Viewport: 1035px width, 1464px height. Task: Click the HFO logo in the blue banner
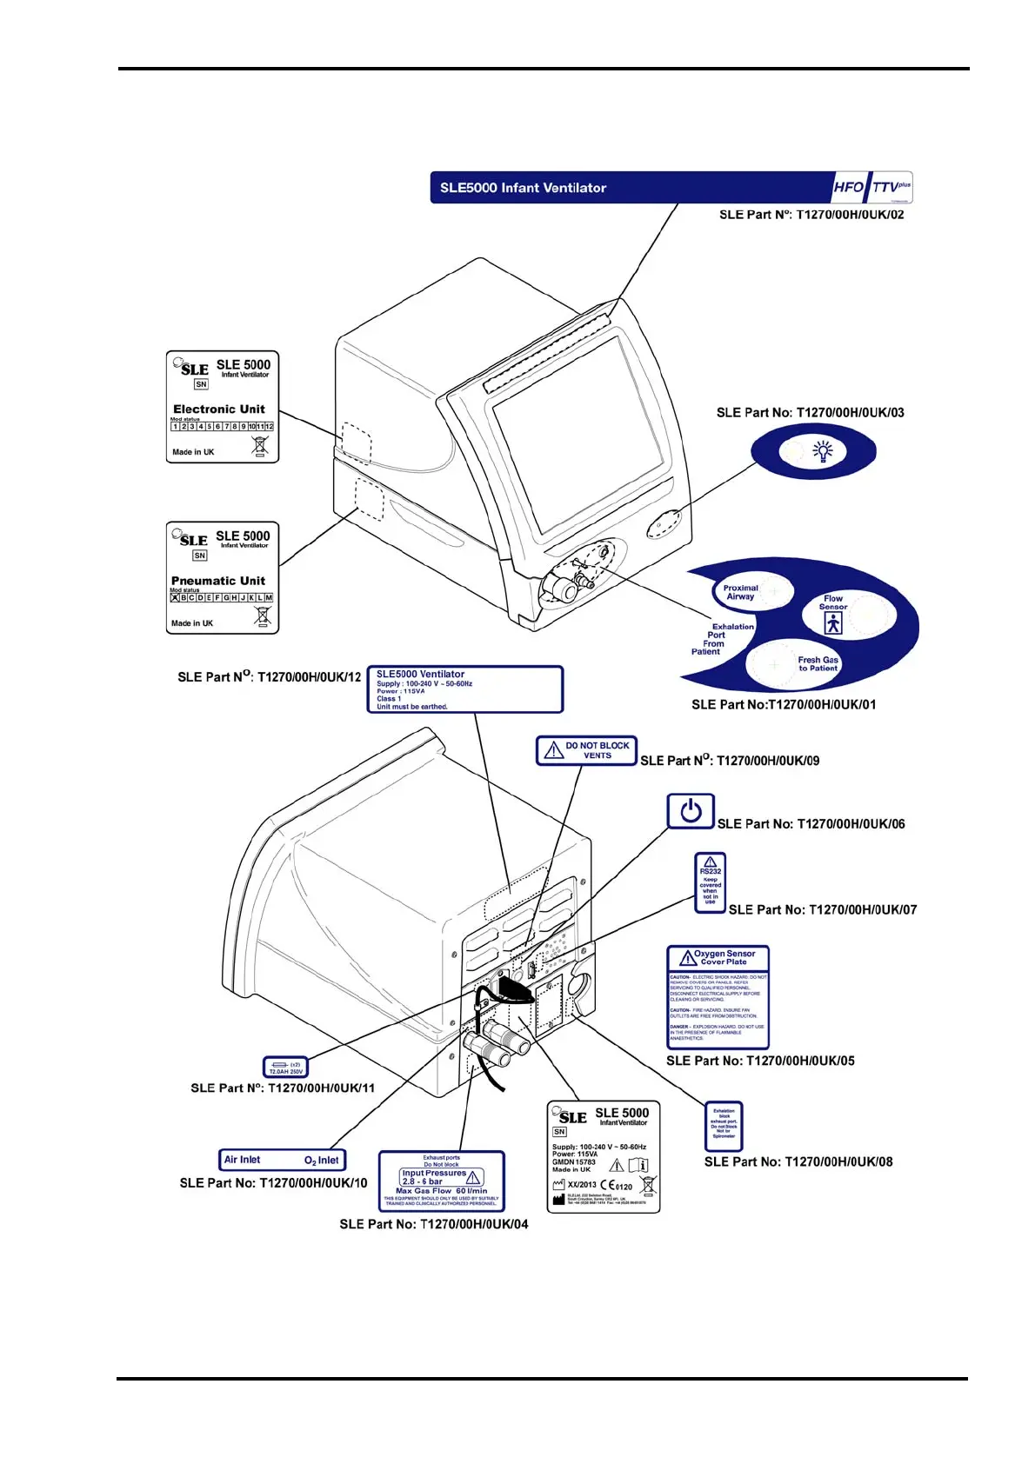(848, 187)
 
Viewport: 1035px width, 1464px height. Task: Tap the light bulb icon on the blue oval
(822, 450)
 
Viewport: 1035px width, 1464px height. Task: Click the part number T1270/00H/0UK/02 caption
(811, 215)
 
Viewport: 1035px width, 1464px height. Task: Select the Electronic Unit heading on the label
(219, 409)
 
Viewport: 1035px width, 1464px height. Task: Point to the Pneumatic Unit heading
(218, 581)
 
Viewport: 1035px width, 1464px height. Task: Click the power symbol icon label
(691, 811)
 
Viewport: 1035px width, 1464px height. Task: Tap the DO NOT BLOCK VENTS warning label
(586, 750)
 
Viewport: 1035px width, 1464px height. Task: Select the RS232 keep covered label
(711, 882)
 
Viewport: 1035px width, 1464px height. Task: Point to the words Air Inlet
(242, 1160)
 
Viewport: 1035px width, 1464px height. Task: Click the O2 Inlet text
(321, 1161)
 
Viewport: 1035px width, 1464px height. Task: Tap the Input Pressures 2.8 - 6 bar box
(440, 1177)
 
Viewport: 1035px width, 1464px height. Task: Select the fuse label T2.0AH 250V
(285, 1068)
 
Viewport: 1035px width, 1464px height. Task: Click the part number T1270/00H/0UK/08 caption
(798, 1161)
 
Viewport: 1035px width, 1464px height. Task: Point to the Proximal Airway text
(740, 592)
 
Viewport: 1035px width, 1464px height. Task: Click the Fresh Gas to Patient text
(818, 663)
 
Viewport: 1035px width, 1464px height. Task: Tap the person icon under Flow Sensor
(833, 623)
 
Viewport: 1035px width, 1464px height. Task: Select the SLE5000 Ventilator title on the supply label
(420, 674)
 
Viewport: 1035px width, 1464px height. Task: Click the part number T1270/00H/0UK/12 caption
(269, 676)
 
